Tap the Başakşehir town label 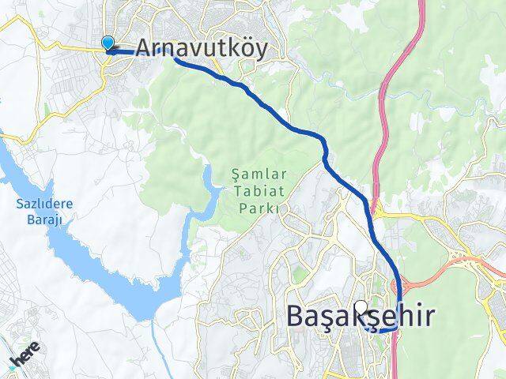point(360,317)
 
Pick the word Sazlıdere point(44,205)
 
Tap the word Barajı point(44,220)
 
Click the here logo point(25,360)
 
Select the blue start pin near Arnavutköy point(108,45)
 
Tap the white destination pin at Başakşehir point(361,307)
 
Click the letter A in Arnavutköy point(145,49)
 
